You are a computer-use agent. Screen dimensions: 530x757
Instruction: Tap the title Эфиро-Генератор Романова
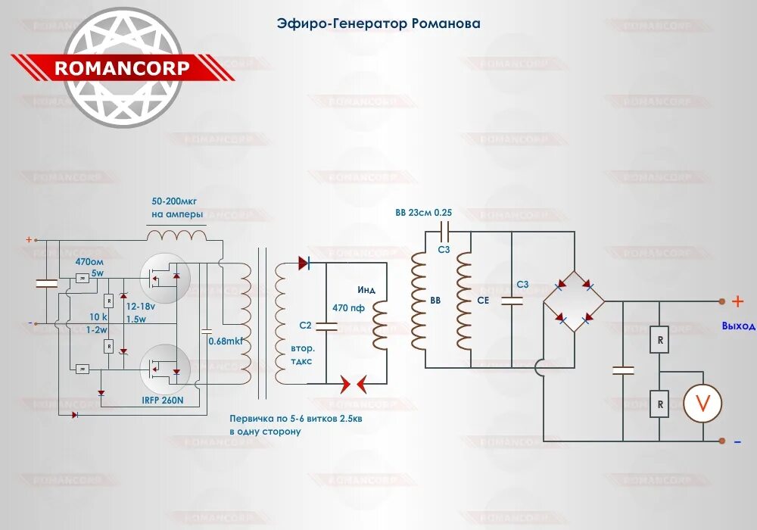(x=378, y=23)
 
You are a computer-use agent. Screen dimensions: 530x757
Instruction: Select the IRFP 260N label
(x=163, y=399)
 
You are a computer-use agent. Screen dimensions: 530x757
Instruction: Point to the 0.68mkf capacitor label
(x=226, y=341)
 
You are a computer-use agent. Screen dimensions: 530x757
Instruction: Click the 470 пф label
(x=348, y=308)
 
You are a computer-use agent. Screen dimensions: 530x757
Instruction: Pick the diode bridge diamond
(x=574, y=301)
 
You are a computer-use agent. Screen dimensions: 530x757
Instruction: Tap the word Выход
(x=738, y=326)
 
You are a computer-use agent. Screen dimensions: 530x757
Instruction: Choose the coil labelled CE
(x=463, y=301)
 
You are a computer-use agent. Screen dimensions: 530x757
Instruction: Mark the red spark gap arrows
(x=353, y=384)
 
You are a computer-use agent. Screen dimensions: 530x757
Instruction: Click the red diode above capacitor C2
(x=304, y=263)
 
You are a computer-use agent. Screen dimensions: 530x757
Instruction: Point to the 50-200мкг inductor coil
(x=176, y=235)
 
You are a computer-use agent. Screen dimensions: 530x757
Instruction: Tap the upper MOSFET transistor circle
(x=164, y=277)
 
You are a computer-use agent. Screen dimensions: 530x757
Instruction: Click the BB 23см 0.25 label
(x=423, y=213)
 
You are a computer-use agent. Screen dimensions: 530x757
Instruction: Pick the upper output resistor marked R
(x=660, y=341)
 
